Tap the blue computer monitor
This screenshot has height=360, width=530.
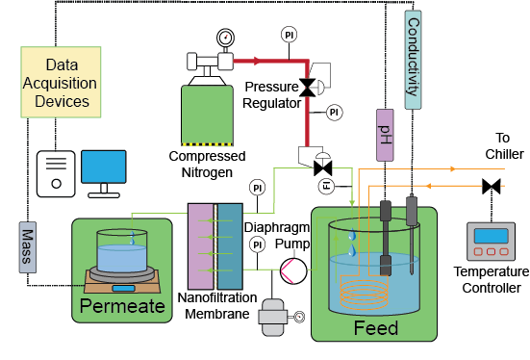tap(103, 169)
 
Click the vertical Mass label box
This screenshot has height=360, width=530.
tap(28, 241)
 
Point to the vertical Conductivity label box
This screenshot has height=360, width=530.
tap(413, 57)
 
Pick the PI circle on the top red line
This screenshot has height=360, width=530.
tap(289, 36)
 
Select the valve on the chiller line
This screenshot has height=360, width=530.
tap(492, 185)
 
